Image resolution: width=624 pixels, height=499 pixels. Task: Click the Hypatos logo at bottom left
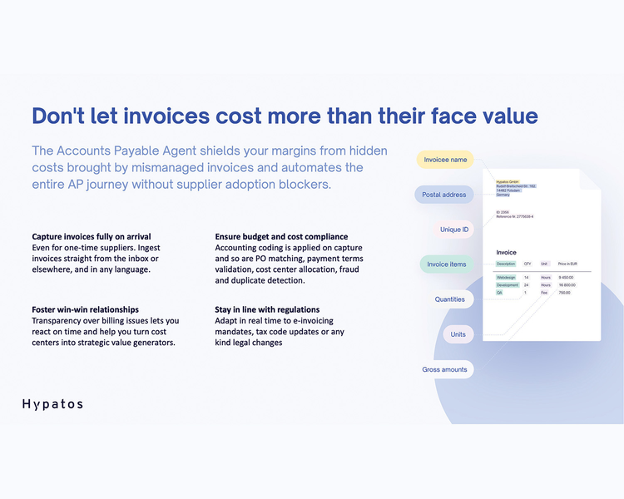tap(52, 404)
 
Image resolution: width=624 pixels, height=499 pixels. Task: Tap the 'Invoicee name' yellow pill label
tap(445, 160)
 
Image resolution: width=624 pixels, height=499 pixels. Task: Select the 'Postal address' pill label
tap(443, 195)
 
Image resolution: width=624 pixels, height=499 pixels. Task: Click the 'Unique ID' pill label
tap(454, 230)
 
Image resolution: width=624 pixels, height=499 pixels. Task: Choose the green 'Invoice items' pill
tap(446, 264)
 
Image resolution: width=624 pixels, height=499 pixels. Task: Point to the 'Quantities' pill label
tap(450, 299)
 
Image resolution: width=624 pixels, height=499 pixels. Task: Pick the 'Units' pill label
tap(458, 334)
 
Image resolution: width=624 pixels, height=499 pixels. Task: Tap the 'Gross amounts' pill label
tap(444, 369)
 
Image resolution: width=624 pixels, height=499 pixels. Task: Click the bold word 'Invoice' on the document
tap(506, 253)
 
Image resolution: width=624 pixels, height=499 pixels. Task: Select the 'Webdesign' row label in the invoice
tap(506, 277)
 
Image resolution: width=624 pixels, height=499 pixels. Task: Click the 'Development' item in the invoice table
tap(508, 285)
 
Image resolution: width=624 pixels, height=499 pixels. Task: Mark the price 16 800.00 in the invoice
tap(567, 285)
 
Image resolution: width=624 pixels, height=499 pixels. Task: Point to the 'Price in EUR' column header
tap(568, 264)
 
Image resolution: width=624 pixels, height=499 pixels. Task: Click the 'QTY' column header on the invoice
tap(527, 264)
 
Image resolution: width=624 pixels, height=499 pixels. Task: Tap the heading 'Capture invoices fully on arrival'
tap(92, 237)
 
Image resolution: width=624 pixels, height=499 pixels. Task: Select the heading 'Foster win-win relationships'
tap(85, 309)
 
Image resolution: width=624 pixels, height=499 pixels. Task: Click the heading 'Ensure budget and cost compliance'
tap(281, 237)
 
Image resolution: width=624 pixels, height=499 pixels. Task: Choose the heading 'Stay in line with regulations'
tap(267, 309)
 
